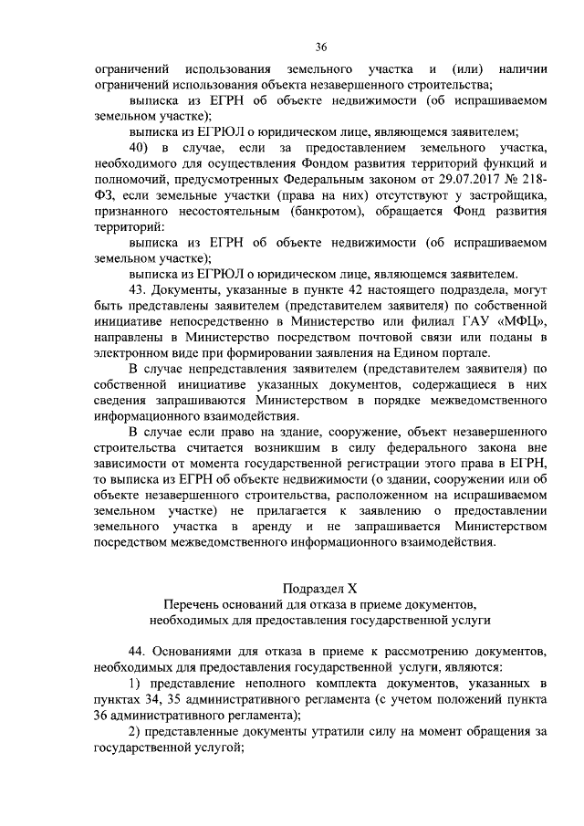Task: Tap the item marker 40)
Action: (x=138, y=147)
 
